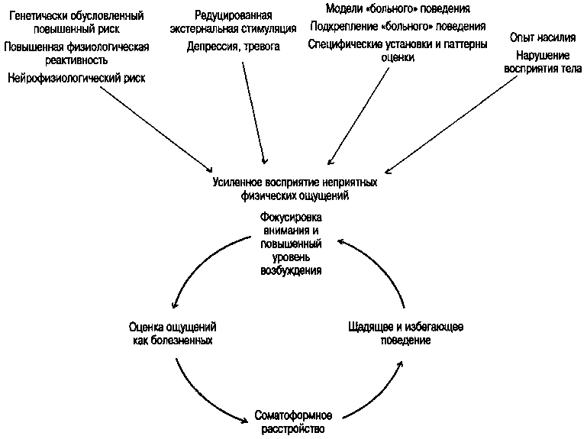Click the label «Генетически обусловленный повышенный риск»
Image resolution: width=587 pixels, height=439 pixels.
pos(76,24)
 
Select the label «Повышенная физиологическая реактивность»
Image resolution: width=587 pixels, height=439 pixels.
pos(76,53)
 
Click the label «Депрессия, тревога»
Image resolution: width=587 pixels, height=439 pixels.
pos(233,47)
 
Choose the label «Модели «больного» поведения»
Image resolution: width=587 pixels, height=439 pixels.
pos(397,8)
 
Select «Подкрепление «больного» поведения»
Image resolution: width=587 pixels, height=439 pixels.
pos(397,26)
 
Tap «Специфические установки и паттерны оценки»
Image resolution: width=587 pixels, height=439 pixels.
pos(397,50)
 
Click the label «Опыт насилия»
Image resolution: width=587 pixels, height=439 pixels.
pos(543,37)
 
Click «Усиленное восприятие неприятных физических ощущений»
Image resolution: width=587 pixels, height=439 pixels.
pos(294,189)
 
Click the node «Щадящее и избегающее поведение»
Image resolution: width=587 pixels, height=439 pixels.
pos(405,333)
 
